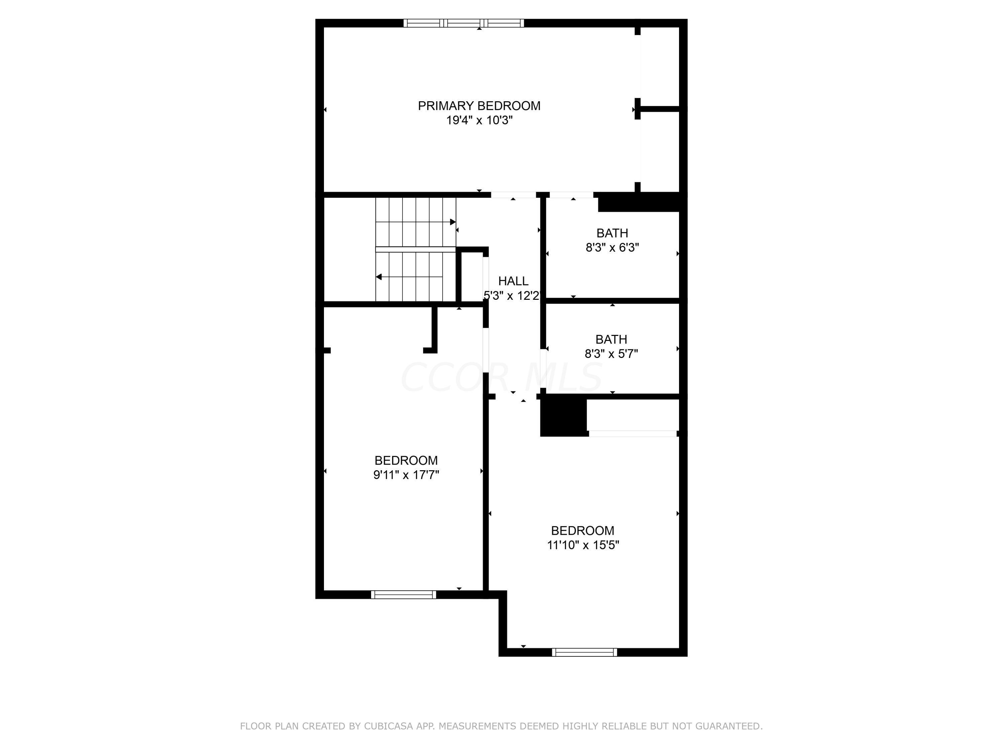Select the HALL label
pos(513,281)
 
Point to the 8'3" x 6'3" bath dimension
pos(612,248)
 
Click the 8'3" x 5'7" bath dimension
pos(611,354)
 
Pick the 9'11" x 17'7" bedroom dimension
pos(406,475)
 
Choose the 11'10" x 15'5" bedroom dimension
pos(583,545)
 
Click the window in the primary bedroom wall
pos(463,23)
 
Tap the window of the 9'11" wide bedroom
pos(403,595)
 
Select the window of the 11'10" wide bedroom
pos(584,652)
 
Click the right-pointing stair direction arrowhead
pos(453,222)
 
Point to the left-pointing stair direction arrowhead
pos(378,277)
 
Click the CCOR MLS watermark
pos(501,377)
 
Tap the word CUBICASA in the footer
pos(388,726)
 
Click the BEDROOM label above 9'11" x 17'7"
pos(406,460)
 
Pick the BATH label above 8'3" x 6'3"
pos(612,233)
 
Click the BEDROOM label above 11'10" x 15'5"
pos(583,530)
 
